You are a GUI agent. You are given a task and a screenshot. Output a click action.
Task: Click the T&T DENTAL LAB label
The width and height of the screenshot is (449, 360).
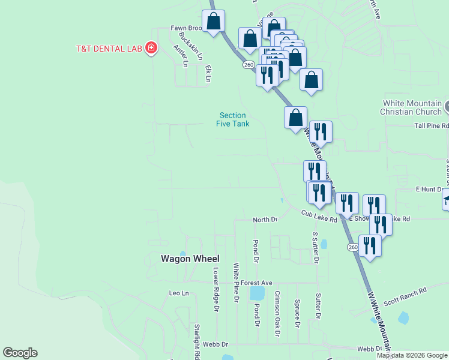click(108, 48)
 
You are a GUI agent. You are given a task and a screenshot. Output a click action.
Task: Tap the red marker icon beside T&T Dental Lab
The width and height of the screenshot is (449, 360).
click(151, 48)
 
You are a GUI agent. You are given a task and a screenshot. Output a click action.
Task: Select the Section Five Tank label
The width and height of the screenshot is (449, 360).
click(232, 119)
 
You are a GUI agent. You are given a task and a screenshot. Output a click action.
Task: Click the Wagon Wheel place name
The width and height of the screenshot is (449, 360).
click(190, 259)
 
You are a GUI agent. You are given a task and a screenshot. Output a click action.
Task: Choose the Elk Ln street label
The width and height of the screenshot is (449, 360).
click(208, 73)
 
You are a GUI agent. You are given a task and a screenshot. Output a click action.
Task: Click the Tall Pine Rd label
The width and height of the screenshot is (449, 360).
click(432, 125)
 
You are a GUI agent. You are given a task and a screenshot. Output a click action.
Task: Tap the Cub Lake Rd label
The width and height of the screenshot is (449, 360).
click(319, 216)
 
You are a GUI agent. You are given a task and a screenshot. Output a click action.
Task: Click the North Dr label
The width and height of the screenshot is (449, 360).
click(265, 220)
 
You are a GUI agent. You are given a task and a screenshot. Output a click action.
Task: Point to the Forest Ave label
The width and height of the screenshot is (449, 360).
click(257, 283)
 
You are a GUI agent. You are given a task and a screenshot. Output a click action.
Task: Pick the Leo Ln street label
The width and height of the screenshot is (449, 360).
click(179, 293)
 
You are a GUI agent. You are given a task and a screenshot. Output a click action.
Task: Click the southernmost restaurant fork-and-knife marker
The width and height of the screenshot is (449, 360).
click(370, 246)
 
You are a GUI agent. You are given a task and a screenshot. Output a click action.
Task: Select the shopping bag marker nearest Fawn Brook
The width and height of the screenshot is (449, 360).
click(213, 22)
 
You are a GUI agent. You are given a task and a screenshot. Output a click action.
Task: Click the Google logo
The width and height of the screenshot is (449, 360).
click(20, 353)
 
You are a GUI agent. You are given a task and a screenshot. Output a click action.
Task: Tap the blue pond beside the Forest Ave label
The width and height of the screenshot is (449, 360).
click(257, 293)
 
